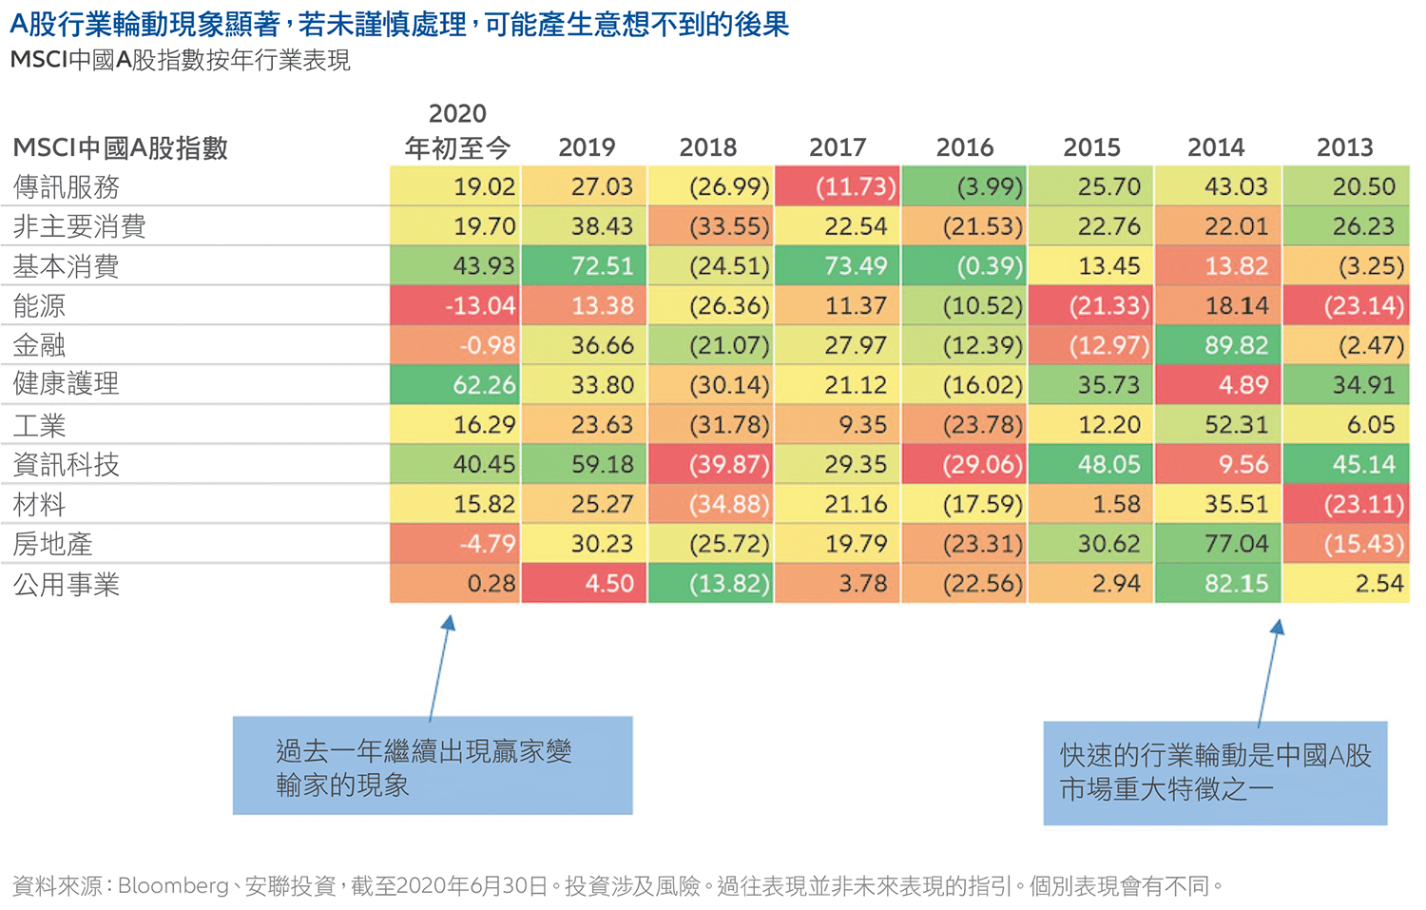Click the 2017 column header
pos(837,147)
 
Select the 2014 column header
pos(1216,147)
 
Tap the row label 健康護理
pos(67,384)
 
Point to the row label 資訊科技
pos(67,464)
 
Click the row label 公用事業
pos(67,584)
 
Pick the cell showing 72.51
pos(585,266)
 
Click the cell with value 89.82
pos(1219,345)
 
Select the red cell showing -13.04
pos(455,306)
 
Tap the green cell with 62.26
pos(455,385)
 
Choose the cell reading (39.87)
pos(711,465)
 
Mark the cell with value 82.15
pos(1219,584)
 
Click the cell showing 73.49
pos(838,266)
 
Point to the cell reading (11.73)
pos(838,186)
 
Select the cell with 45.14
pos(1346,465)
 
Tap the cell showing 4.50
pos(585,584)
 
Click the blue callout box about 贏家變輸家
pos(433,765)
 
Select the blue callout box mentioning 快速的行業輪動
pos(1215,773)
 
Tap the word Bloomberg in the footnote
pos(173,886)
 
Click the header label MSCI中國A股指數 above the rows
pos(121,148)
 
